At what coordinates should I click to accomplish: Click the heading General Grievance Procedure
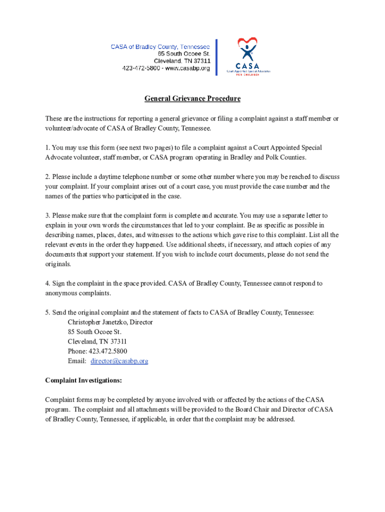pyautogui.click(x=192, y=98)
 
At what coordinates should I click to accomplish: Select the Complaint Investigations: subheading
pyautogui.click(x=83, y=380)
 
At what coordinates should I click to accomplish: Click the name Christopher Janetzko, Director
pyautogui.click(x=110, y=322)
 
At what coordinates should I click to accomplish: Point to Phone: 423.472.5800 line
pyautogui.click(x=97, y=351)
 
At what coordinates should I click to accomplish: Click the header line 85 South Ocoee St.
pyautogui.click(x=183, y=53)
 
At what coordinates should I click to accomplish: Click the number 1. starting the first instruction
pyautogui.click(x=47, y=147)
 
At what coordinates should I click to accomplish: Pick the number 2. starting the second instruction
pyautogui.click(x=47, y=176)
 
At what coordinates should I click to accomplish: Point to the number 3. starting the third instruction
pyautogui.click(x=47, y=215)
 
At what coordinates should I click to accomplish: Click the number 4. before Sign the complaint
pyautogui.click(x=47, y=283)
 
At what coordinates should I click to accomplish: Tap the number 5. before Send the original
pyautogui.click(x=47, y=312)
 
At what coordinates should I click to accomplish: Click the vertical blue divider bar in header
pyautogui.click(x=216, y=57)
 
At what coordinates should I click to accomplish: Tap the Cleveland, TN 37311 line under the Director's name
pyautogui.click(x=93, y=341)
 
